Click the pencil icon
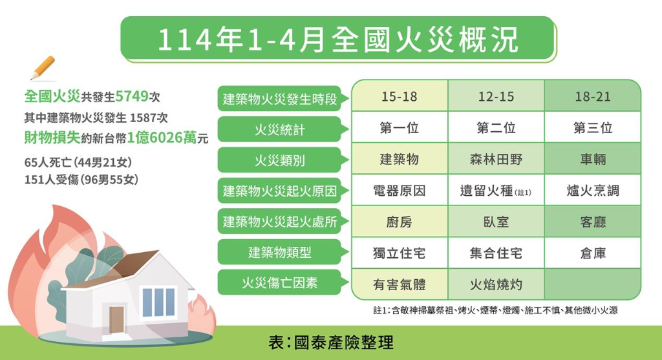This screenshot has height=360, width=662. [x=43, y=68]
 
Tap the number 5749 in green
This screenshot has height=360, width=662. [x=132, y=96]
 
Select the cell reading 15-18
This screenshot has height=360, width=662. [x=400, y=96]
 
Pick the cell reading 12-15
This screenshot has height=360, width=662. [x=496, y=96]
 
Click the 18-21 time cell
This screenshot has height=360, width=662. [x=593, y=96]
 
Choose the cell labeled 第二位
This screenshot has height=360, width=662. [x=496, y=127]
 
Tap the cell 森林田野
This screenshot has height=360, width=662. [x=496, y=159]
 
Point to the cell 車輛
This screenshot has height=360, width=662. [x=593, y=159]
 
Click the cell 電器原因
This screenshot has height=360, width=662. [x=400, y=190]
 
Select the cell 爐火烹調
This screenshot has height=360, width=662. [x=593, y=190]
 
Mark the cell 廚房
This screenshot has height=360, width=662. [x=400, y=222]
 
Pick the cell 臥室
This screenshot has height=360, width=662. [x=496, y=222]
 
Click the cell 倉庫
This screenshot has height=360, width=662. [x=593, y=253]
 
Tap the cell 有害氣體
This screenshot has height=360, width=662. [x=400, y=284]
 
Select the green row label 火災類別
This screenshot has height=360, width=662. [x=279, y=160]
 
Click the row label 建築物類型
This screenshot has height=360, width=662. [x=279, y=252]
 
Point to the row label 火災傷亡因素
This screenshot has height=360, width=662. [x=279, y=282]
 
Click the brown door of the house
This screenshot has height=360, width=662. [x=116, y=319]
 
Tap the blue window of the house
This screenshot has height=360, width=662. [x=158, y=302]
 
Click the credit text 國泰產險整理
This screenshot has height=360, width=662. [x=344, y=343]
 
